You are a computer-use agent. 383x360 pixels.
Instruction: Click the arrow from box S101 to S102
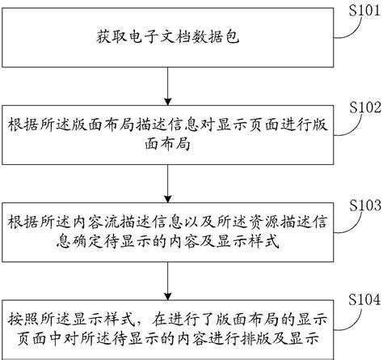point(166,85)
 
